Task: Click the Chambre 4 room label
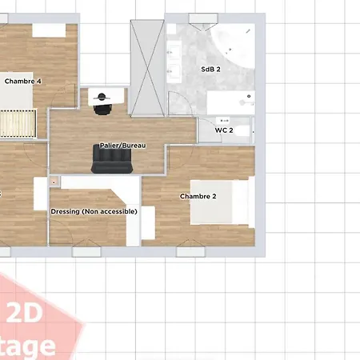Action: click(x=23, y=81)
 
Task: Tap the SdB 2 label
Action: click(x=210, y=70)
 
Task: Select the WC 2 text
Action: click(x=224, y=130)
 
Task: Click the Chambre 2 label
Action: click(x=198, y=196)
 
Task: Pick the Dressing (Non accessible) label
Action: click(x=94, y=211)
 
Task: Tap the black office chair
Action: click(x=102, y=105)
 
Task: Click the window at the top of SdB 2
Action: click(x=201, y=18)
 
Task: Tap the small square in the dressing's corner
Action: click(x=54, y=182)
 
